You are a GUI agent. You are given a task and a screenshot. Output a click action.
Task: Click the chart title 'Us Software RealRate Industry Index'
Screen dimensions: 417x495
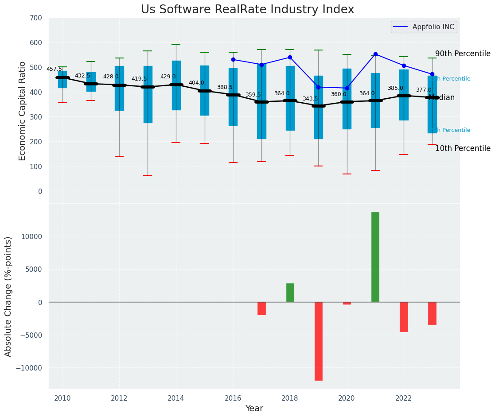[247, 10]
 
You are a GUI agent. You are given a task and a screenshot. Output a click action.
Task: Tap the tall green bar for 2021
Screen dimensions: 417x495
[375, 257]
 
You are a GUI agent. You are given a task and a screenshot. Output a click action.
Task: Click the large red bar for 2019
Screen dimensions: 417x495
[319, 341]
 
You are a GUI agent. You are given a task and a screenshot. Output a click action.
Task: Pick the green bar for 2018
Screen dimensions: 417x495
[290, 293]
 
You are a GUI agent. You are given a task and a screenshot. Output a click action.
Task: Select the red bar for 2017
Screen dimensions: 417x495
[261, 308]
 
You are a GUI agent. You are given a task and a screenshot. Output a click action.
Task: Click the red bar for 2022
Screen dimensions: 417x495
[404, 317]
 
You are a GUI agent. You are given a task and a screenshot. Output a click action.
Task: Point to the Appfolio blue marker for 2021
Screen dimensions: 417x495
[375, 54]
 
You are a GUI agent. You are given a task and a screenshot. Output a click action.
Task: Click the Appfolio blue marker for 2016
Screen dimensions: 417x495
[233, 59]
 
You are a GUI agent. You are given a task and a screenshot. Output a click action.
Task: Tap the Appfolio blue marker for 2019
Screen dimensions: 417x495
[319, 87]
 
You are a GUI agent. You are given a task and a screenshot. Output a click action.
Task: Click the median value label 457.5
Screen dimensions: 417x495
[54, 69]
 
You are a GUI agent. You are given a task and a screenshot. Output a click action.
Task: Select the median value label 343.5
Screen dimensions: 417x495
[310, 99]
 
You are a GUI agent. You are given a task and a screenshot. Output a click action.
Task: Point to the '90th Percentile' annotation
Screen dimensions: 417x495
[463, 54]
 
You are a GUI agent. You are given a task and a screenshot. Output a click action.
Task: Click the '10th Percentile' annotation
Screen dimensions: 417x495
[463, 149]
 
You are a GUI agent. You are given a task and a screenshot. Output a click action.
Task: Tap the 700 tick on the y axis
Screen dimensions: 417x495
[36, 18]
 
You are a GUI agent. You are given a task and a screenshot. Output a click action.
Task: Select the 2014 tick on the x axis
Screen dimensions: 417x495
[176, 398]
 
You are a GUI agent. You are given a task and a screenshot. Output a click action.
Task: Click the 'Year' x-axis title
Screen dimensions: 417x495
[254, 409]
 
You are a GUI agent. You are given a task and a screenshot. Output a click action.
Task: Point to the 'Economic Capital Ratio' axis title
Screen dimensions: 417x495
[23, 111]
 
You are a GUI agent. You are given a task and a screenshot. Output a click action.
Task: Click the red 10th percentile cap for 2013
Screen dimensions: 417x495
[148, 176]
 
